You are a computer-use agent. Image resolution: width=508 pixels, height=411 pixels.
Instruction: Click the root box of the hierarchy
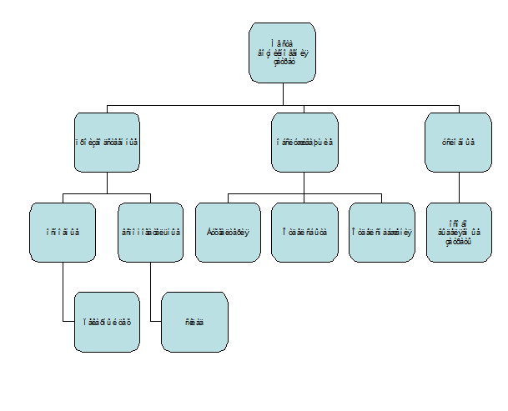[x=284, y=53]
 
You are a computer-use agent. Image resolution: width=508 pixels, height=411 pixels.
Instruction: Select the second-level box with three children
[x=305, y=142]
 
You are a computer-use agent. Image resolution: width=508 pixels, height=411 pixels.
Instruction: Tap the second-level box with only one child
[x=459, y=142]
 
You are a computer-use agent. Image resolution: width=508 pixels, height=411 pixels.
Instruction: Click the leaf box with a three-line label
[x=459, y=232]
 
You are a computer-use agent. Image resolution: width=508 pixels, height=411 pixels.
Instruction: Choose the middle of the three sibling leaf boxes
[x=305, y=232]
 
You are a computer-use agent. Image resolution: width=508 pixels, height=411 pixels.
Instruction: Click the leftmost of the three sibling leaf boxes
[x=228, y=232]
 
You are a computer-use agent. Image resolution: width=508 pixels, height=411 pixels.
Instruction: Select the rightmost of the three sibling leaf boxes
[x=382, y=232]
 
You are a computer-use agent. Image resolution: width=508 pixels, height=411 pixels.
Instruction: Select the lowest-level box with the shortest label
[x=194, y=321]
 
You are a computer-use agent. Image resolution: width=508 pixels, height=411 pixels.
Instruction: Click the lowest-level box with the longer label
[x=108, y=321]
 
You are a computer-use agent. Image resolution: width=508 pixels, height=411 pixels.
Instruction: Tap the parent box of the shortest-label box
[x=151, y=232]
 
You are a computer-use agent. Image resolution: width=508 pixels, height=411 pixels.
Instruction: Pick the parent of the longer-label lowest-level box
[x=63, y=232]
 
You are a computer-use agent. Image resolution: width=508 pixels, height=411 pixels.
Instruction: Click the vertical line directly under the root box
[x=284, y=94]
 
